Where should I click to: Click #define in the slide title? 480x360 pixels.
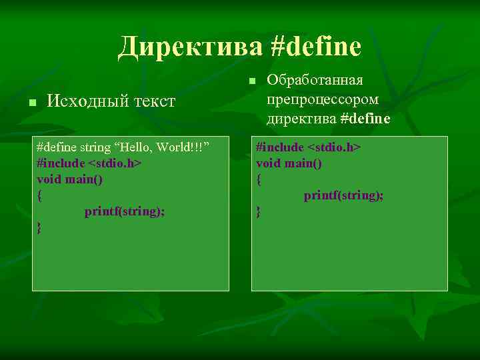pyautogui.click(x=316, y=47)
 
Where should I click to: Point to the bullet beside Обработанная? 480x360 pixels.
pyautogui.click(x=251, y=81)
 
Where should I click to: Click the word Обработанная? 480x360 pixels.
pyautogui.click(x=315, y=80)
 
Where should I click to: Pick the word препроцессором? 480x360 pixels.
pyautogui.click(x=323, y=99)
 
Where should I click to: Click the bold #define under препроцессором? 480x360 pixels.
pyautogui.click(x=365, y=119)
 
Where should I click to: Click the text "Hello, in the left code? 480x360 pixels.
pyautogui.click(x=141, y=147)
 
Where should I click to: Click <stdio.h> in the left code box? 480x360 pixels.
pyautogui.click(x=115, y=163)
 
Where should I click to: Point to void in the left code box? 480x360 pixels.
pyautogui.click(x=50, y=179)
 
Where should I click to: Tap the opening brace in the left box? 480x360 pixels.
pyautogui.click(x=40, y=195)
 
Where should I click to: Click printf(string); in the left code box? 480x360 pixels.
pyautogui.click(x=125, y=211)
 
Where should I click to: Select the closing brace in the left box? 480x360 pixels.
pyautogui.click(x=40, y=227)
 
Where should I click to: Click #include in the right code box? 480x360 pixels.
pyautogui.click(x=280, y=147)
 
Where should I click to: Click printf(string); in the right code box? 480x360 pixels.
pyautogui.click(x=344, y=195)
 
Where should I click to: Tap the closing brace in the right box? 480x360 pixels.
pyautogui.click(x=259, y=211)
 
